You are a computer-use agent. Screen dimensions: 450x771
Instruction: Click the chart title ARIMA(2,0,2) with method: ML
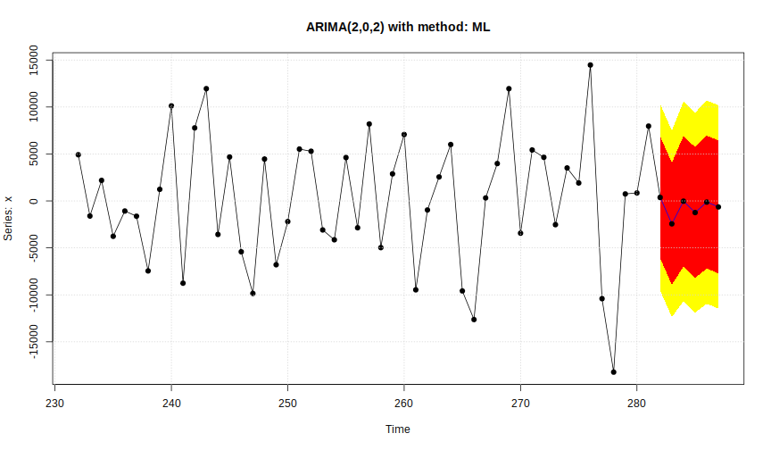click(397, 27)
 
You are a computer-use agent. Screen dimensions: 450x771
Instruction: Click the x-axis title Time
click(397, 429)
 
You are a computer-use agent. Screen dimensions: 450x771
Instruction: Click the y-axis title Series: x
click(10, 218)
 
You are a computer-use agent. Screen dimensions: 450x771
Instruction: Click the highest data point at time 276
click(590, 65)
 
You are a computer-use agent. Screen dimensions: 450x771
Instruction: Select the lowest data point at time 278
click(614, 371)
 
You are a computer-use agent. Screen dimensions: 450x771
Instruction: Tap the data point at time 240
click(171, 105)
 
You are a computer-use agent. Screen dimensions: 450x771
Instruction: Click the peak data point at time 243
click(206, 88)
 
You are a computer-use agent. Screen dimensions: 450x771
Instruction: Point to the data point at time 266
click(474, 319)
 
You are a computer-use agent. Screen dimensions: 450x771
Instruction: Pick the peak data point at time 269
click(509, 88)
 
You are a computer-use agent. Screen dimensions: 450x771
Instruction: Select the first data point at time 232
click(79, 154)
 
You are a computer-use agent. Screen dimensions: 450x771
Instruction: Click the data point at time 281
click(649, 126)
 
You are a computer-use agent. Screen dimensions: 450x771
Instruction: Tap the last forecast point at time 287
click(718, 207)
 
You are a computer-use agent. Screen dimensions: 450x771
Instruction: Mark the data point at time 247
click(253, 293)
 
